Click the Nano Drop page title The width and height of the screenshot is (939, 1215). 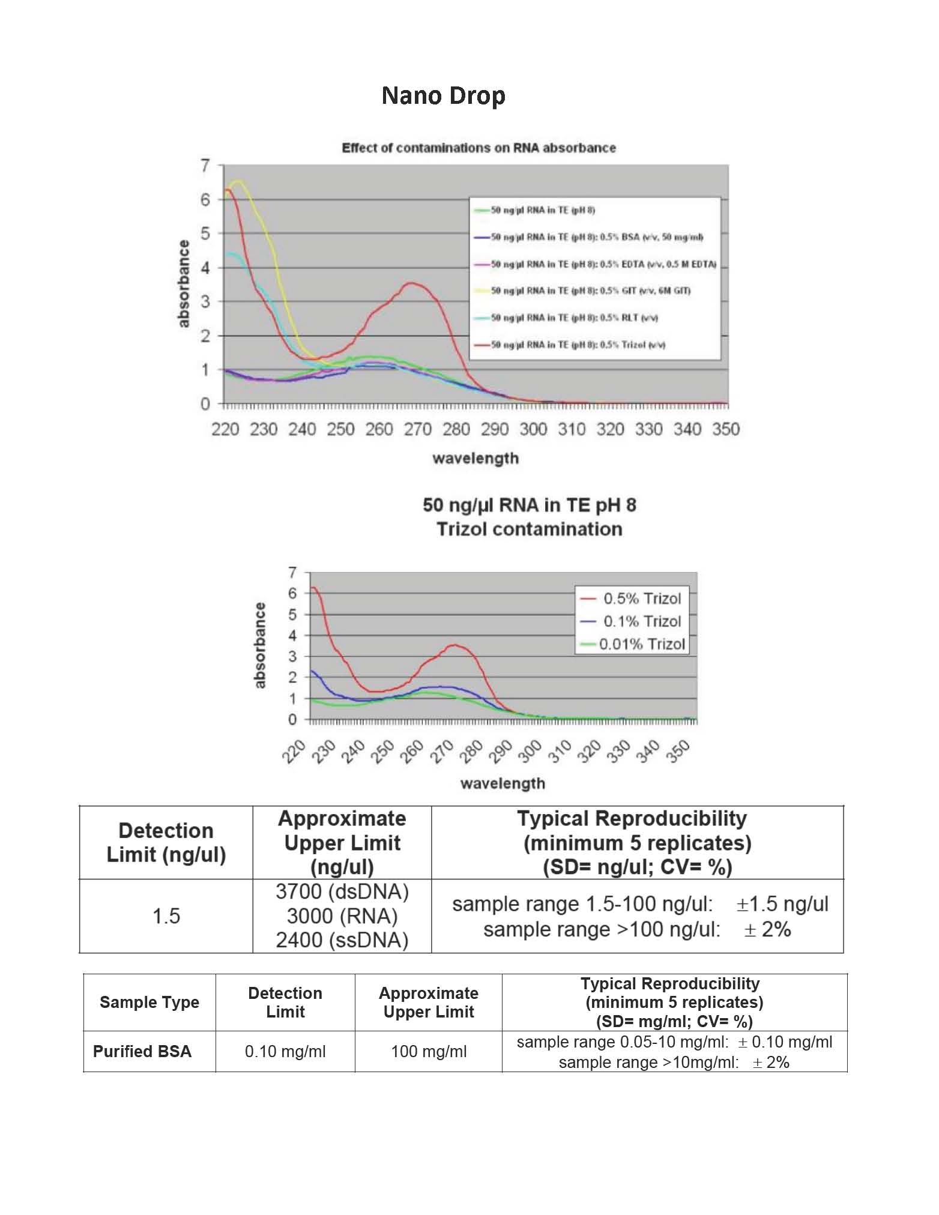tap(443, 95)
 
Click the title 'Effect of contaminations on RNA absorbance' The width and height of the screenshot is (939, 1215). tap(479, 148)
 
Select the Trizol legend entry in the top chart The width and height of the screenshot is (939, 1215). tap(578, 345)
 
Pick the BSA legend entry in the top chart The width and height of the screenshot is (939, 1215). tap(597, 237)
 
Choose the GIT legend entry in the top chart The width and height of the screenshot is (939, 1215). tap(590, 291)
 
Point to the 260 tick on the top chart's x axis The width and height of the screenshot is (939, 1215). tap(379, 429)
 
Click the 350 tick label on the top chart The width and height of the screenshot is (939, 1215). tap(726, 429)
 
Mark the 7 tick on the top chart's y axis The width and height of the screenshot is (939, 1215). tap(205, 166)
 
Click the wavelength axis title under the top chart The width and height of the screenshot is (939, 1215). tap(476, 459)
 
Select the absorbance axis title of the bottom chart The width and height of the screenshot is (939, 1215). tap(259, 645)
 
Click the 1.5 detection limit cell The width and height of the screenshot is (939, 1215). tap(166, 916)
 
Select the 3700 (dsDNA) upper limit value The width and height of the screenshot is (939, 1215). tap(342, 892)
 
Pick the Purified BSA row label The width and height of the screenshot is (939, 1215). tap(142, 1051)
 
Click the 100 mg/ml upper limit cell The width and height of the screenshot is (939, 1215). tap(428, 1051)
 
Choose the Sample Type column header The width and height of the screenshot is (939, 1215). tap(149, 1002)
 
